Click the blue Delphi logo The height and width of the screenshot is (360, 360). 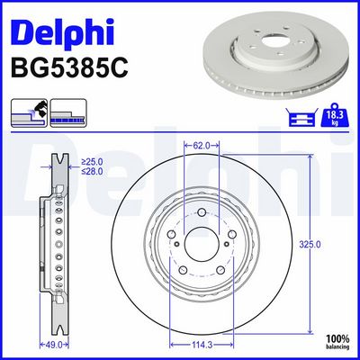pos(62,31)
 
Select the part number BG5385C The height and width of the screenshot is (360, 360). pos(69,67)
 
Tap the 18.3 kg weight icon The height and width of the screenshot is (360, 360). pos(336,115)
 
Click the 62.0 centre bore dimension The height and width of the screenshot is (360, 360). pos(202,146)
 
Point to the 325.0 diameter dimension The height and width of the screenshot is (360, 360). pos(310,245)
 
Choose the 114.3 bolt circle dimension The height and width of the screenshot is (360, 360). pos(202,345)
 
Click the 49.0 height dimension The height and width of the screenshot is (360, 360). pos(54,345)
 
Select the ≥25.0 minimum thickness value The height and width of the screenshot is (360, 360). pos(92,162)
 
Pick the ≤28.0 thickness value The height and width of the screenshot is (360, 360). pos(92,171)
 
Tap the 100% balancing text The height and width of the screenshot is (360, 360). pos(337,342)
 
